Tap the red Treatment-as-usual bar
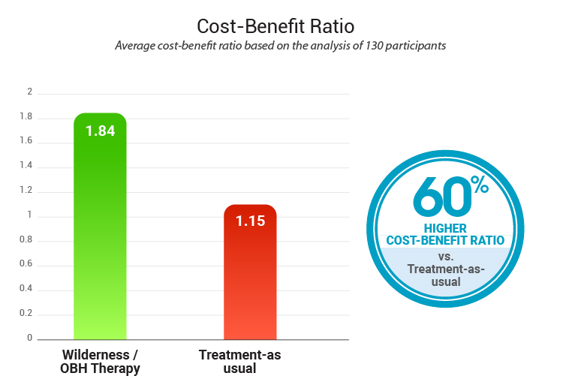tap(250, 278)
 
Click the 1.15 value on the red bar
tap(250, 221)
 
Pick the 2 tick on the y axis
tap(30, 92)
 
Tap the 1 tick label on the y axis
tap(30, 215)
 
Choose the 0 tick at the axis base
tap(30, 338)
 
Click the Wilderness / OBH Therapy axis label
tap(100, 361)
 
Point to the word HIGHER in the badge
tap(446, 228)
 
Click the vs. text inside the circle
tap(445, 255)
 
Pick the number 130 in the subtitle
tap(375, 45)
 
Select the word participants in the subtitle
tap(417, 45)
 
